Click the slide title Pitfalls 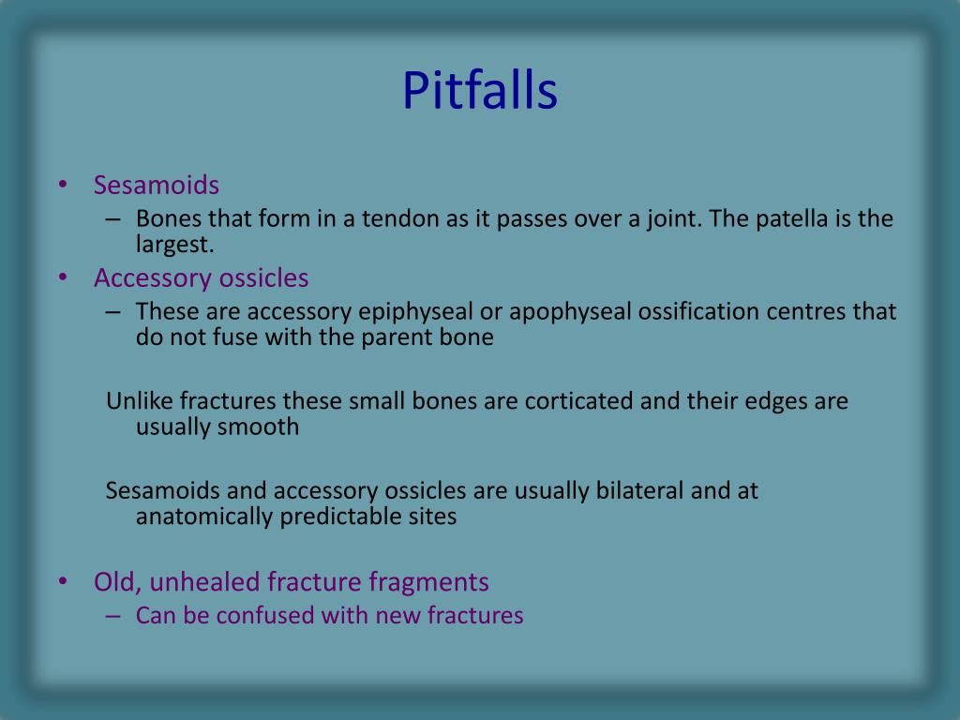pyautogui.click(x=479, y=90)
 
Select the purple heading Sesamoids pyautogui.click(x=157, y=185)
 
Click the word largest pyautogui.click(x=175, y=245)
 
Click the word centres pyautogui.click(x=806, y=311)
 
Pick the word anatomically pyautogui.click(x=204, y=517)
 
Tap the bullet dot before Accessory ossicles pyautogui.click(x=63, y=277)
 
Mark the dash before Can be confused pyautogui.click(x=112, y=616)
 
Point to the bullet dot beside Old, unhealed pyautogui.click(x=63, y=581)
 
